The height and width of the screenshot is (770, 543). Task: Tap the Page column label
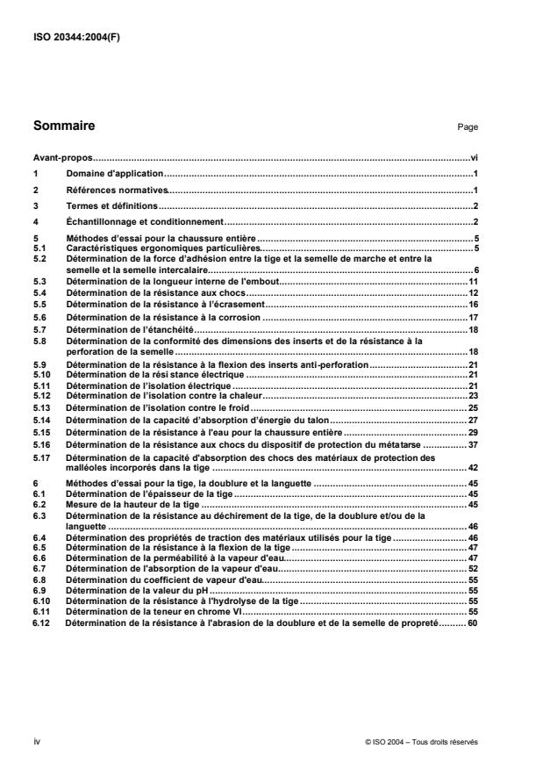point(467,127)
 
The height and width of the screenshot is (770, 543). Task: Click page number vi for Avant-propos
point(471,158)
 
